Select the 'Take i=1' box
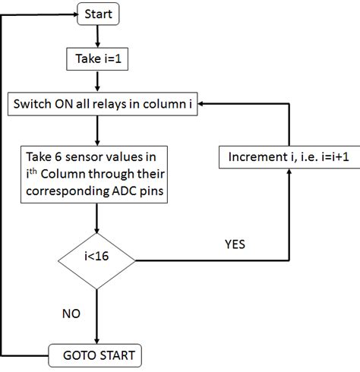pyautogui.click(x=97, y=58)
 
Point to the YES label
pyautogui.click(x=236, y=246)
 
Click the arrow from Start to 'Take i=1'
pyautogui.click(x=97, y=35)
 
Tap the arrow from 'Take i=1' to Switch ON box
pyautogui.click(x=97, y=80)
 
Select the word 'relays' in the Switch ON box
pyautogui.click(x=125, y=104)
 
